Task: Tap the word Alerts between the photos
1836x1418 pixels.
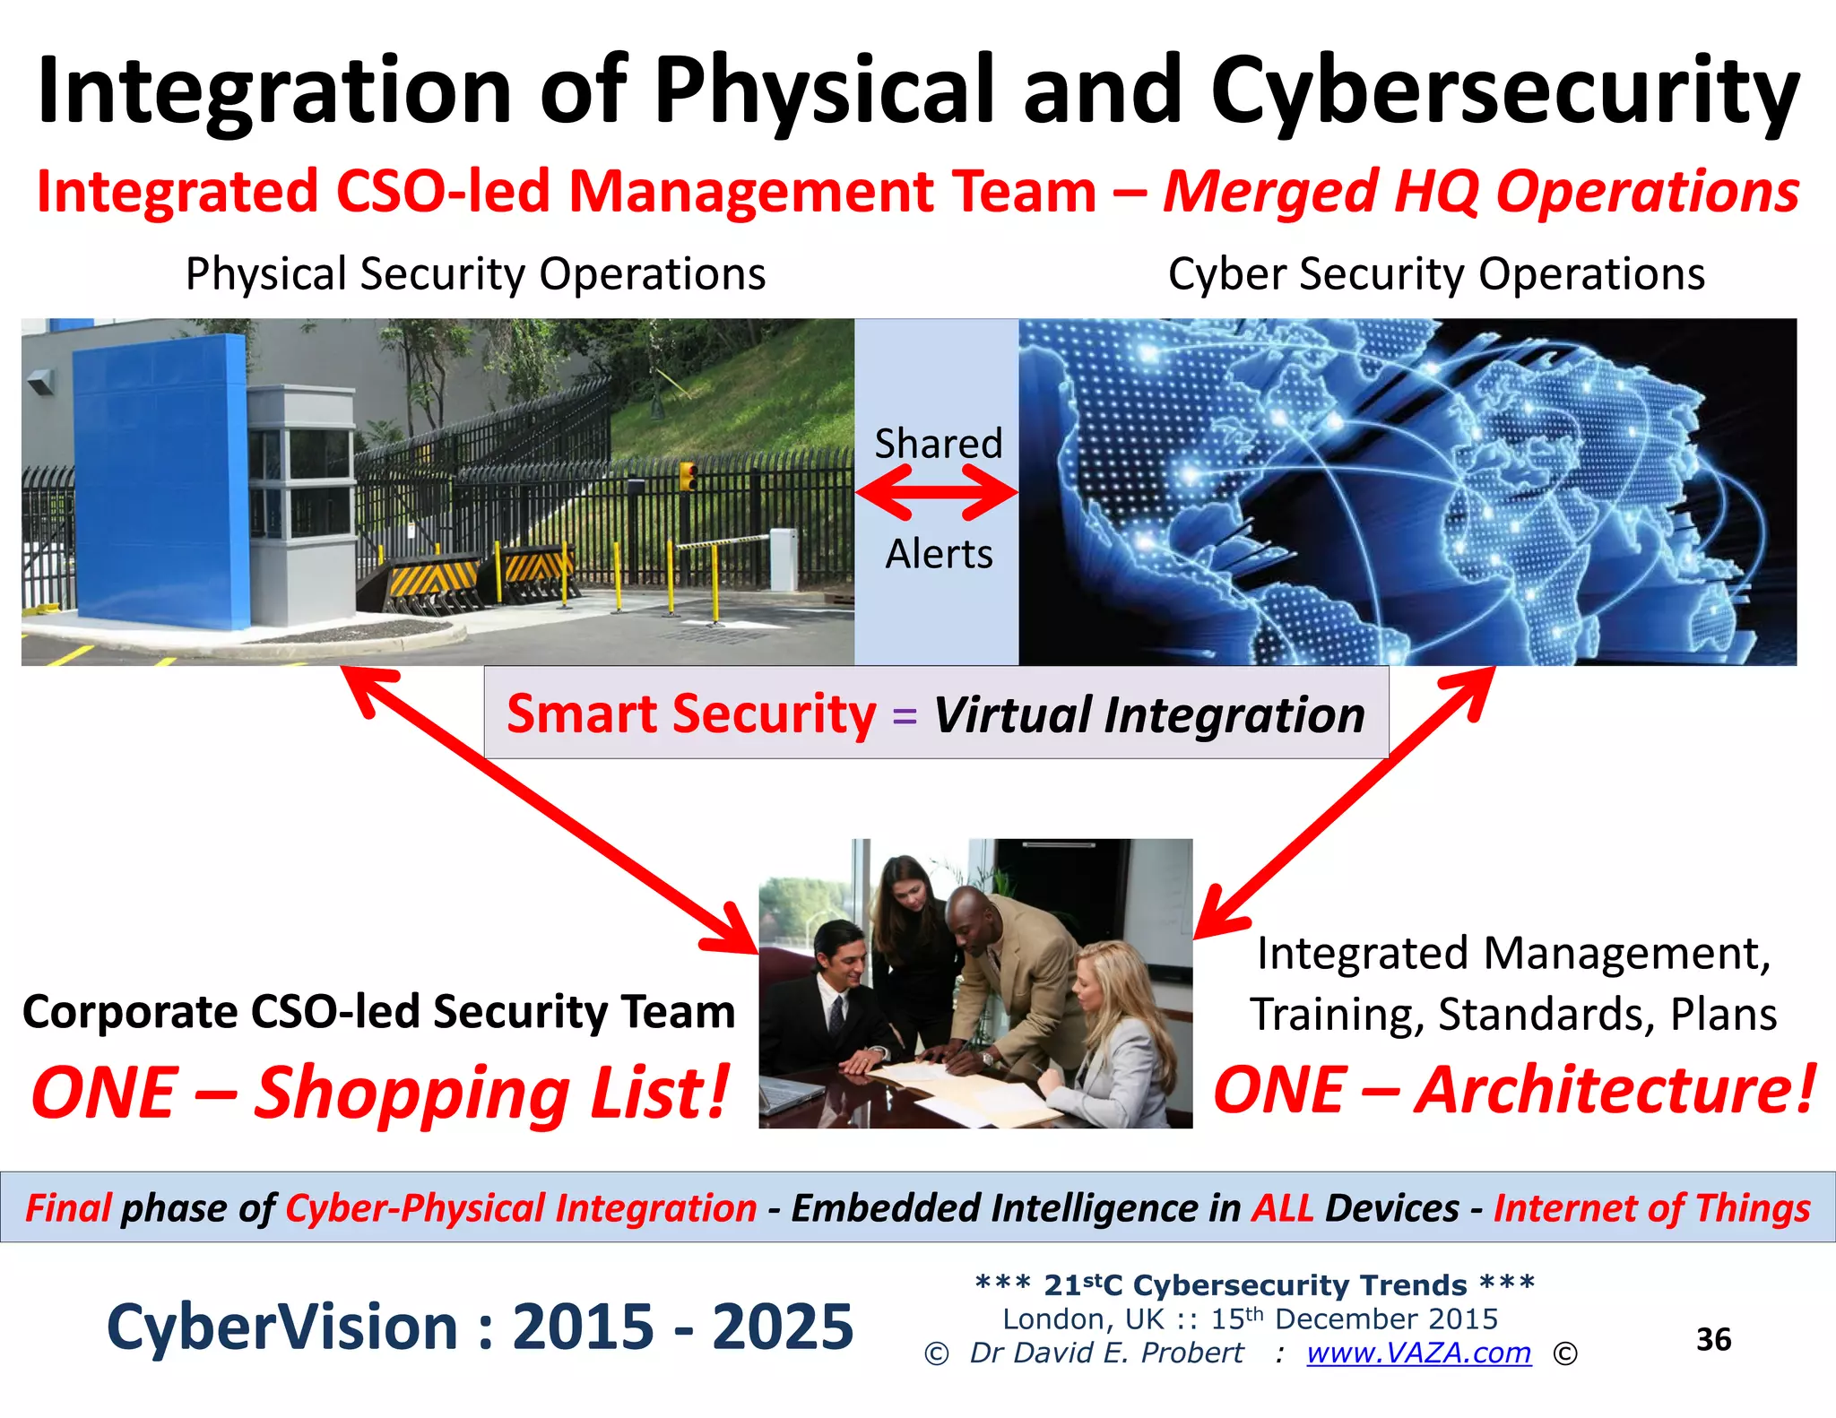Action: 939,554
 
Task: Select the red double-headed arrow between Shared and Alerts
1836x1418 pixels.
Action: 937,492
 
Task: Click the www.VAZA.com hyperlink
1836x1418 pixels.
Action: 1418,1353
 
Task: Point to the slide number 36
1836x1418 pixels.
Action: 1713,1339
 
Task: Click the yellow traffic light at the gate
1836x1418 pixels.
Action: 688,476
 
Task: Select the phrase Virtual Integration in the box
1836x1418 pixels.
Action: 1149,715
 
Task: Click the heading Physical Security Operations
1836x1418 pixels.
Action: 475,273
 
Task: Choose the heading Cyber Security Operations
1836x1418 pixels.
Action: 1436,273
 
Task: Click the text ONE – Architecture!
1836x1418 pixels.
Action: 1514,1090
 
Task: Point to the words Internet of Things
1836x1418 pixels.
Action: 1651,1207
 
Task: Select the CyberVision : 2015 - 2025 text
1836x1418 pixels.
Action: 480,1327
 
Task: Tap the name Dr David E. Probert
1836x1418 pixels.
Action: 1106,1353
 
